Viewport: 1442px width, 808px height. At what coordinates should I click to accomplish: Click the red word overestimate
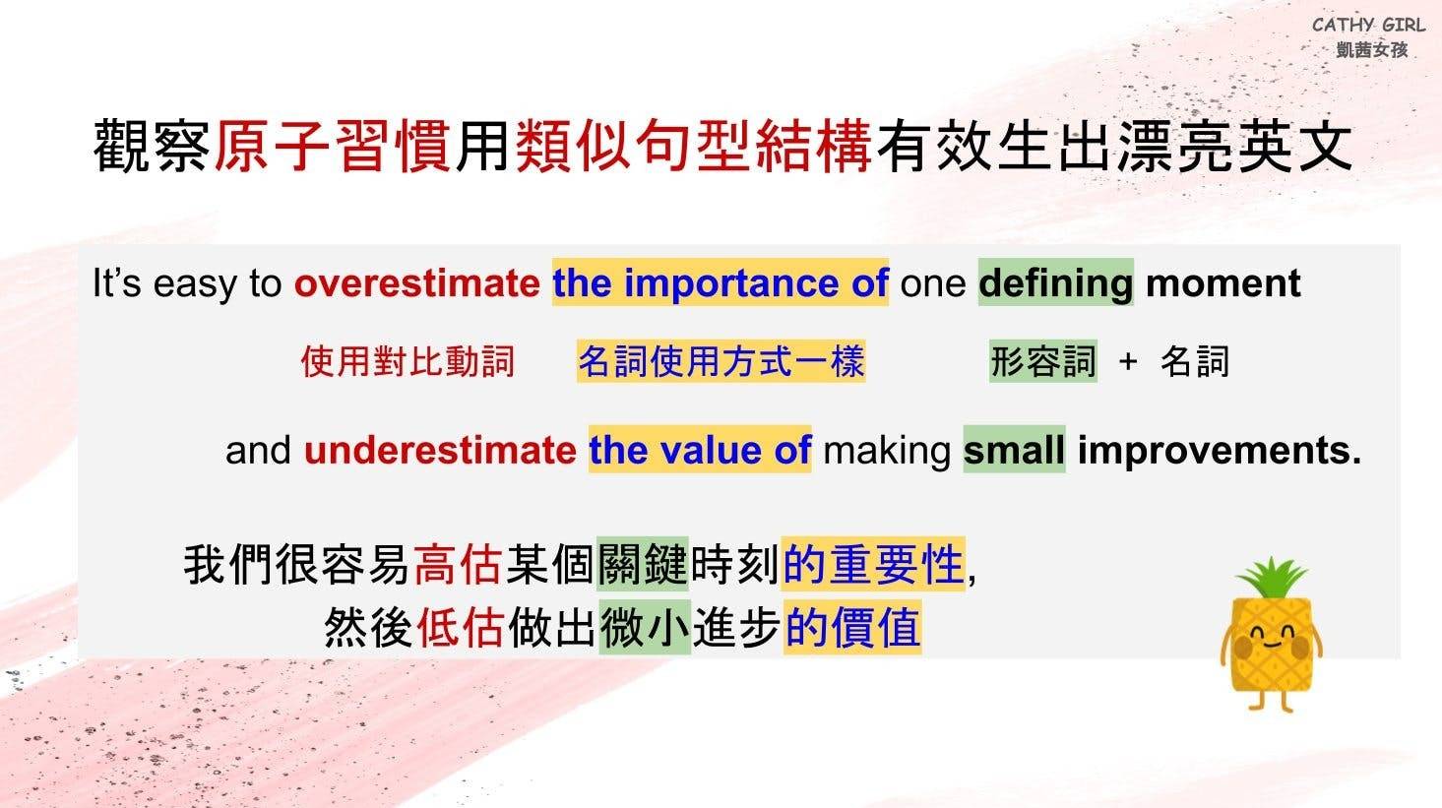point(416,283)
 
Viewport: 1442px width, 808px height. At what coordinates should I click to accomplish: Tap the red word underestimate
point(440,450)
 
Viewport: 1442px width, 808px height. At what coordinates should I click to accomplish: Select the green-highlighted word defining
point(1056,283)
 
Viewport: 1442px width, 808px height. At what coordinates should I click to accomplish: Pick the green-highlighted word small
point(1014,450)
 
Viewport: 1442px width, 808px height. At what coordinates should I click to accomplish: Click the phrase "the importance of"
point(721,283)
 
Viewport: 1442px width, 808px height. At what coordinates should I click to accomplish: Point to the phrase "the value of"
point(700,450)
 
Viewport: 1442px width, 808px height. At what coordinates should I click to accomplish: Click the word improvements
point(1220,451)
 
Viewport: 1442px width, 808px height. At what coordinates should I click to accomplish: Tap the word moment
point(1223,283)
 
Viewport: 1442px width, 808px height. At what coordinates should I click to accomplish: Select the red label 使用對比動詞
point(408,361)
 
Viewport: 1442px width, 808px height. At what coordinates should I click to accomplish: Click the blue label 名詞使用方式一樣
point(721,361)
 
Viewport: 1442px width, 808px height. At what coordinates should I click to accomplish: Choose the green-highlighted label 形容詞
point(1043,361)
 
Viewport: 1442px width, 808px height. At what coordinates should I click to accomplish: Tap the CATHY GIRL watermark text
point(1368,26)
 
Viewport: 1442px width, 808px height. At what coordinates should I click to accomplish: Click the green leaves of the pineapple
point(1272,578)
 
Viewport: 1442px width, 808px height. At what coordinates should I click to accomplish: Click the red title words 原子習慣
point(332,146)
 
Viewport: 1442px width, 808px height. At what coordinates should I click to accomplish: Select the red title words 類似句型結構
point(694,146)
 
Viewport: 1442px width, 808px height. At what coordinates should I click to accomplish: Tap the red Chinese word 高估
point(457,565)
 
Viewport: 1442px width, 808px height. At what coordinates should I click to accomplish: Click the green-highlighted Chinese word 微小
point(645,627)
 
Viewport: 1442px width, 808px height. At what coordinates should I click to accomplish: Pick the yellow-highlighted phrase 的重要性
point(873,564)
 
